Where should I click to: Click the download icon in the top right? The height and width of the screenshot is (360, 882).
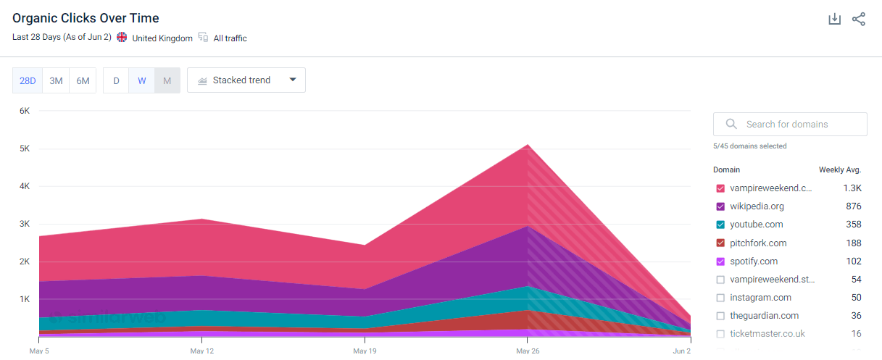834,20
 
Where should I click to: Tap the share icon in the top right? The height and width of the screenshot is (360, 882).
859,20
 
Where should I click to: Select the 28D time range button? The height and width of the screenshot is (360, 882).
28,80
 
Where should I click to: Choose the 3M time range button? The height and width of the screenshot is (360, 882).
56,80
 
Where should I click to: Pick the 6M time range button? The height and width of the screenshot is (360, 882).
83,80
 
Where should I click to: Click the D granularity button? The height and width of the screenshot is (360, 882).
116,80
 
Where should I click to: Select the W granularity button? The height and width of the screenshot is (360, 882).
141,80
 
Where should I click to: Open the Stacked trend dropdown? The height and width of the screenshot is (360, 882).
246,80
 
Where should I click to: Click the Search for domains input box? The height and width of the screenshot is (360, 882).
790,124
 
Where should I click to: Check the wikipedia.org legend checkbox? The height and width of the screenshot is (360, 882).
720,206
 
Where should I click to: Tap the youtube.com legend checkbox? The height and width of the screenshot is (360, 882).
720,225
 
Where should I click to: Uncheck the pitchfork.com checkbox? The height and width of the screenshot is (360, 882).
720,243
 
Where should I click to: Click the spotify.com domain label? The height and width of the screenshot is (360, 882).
754,261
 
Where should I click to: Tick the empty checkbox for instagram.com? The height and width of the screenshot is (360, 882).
720,298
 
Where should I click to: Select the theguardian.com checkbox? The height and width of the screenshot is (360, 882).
720,316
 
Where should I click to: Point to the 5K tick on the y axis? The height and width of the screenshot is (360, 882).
24,148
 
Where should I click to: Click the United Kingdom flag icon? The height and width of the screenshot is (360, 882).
122,38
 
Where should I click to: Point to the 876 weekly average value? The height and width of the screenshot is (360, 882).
853,206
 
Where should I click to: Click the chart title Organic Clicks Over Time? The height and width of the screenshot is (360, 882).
86,18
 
